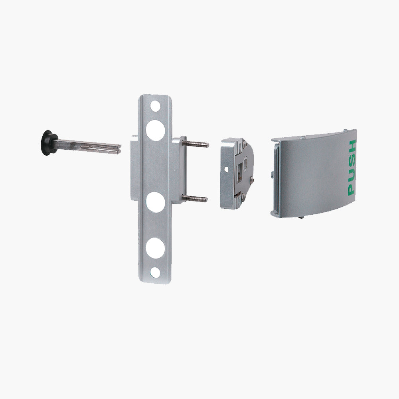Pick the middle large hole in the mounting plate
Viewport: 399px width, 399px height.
click(x=155, y=202)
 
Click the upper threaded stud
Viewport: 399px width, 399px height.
click(x=197, y=144)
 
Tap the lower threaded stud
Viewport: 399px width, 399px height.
click(x=196, y=198)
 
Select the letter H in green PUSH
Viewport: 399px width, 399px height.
click(x=352, y=146)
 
